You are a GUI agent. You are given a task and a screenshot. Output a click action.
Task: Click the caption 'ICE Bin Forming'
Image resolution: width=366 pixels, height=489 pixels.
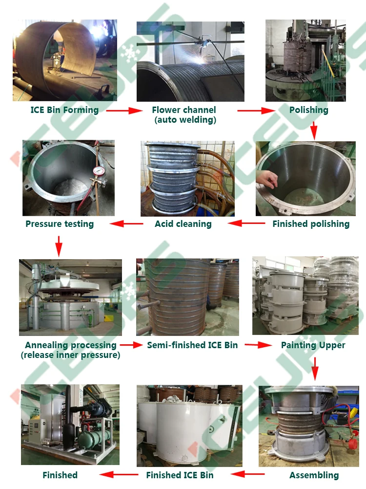(x=64, y=110)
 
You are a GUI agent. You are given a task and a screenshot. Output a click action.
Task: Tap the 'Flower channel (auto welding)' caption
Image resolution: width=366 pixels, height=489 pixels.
(x=184, y=115)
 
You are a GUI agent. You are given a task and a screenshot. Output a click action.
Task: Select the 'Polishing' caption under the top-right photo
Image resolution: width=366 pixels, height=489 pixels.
(x=308, y=110)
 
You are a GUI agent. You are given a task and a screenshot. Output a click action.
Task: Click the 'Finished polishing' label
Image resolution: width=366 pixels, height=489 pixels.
(x=311, y=224)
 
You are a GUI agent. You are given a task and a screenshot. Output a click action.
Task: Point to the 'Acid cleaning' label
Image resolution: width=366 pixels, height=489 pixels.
(x=183, y=224)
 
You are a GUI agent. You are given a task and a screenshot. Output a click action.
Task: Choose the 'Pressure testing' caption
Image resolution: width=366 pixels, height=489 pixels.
(x=60, y=224)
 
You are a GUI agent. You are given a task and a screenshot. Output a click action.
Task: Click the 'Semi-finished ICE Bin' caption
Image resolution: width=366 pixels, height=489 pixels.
(x=192, y=345)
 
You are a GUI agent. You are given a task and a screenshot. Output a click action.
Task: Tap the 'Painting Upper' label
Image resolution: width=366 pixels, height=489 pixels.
(x=313, y=345)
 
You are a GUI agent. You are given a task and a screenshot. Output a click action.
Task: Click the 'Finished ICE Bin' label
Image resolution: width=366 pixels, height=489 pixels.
(x=180, y=475)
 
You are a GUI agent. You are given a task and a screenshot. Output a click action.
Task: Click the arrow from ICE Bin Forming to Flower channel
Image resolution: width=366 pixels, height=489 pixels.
(x=123, y=111)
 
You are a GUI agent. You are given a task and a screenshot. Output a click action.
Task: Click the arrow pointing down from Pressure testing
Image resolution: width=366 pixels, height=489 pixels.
(x=59, y=246)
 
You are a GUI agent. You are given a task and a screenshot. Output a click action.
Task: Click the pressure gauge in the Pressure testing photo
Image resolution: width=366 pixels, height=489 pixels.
(x=99, y=172)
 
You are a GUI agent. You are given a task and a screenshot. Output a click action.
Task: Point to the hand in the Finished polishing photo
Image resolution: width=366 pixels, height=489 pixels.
(x=267, y=179)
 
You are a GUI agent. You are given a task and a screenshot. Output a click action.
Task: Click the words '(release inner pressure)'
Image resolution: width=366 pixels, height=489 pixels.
(x=70, y=355)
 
